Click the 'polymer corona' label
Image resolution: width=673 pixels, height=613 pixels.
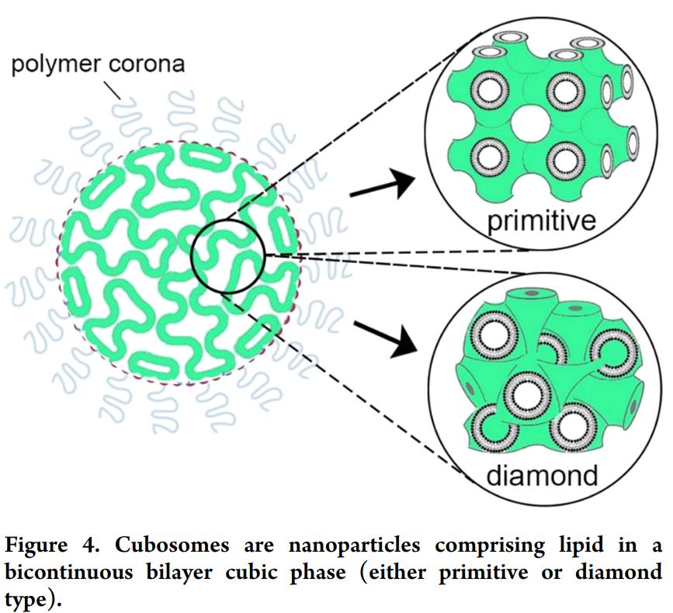(98, 64)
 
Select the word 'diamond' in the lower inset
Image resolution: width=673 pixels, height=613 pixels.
(543, 474)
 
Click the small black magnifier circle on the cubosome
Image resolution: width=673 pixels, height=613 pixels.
(228, 255)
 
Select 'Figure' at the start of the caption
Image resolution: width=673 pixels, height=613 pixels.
(35, 545)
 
